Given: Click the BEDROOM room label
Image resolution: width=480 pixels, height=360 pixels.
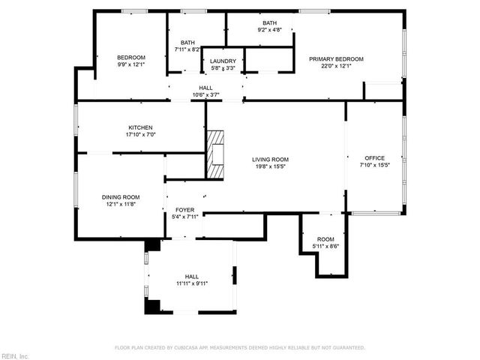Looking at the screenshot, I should point(130,58).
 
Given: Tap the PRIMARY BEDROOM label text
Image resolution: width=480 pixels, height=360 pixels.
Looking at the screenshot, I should point(331,59).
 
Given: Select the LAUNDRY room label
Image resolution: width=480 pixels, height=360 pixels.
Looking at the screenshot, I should point(223,61).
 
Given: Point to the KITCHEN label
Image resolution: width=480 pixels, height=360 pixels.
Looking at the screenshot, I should point(141,127).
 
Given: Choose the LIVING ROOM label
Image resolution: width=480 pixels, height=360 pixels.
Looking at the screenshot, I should point(270,160).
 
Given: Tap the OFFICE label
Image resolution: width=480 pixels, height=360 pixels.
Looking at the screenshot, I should point(374,158).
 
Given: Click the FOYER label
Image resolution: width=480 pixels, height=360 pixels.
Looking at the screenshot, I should point(185,210).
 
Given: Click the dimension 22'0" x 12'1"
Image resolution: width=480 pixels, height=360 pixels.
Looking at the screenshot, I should point(331,66).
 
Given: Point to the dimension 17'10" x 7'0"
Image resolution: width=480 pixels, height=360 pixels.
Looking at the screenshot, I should point(141,134).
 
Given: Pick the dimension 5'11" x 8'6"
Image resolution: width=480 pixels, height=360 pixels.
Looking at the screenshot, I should point(325,246).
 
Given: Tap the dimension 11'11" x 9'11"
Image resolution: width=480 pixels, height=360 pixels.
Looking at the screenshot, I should point(192,283).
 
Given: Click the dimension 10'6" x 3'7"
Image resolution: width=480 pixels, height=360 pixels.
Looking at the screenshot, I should point(205,94).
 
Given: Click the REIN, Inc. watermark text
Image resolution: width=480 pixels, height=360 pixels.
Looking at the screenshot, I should point(15,355).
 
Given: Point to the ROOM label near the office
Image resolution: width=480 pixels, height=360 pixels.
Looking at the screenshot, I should point(325,239).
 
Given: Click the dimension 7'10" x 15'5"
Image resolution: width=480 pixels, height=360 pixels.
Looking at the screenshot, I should point(374,165).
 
